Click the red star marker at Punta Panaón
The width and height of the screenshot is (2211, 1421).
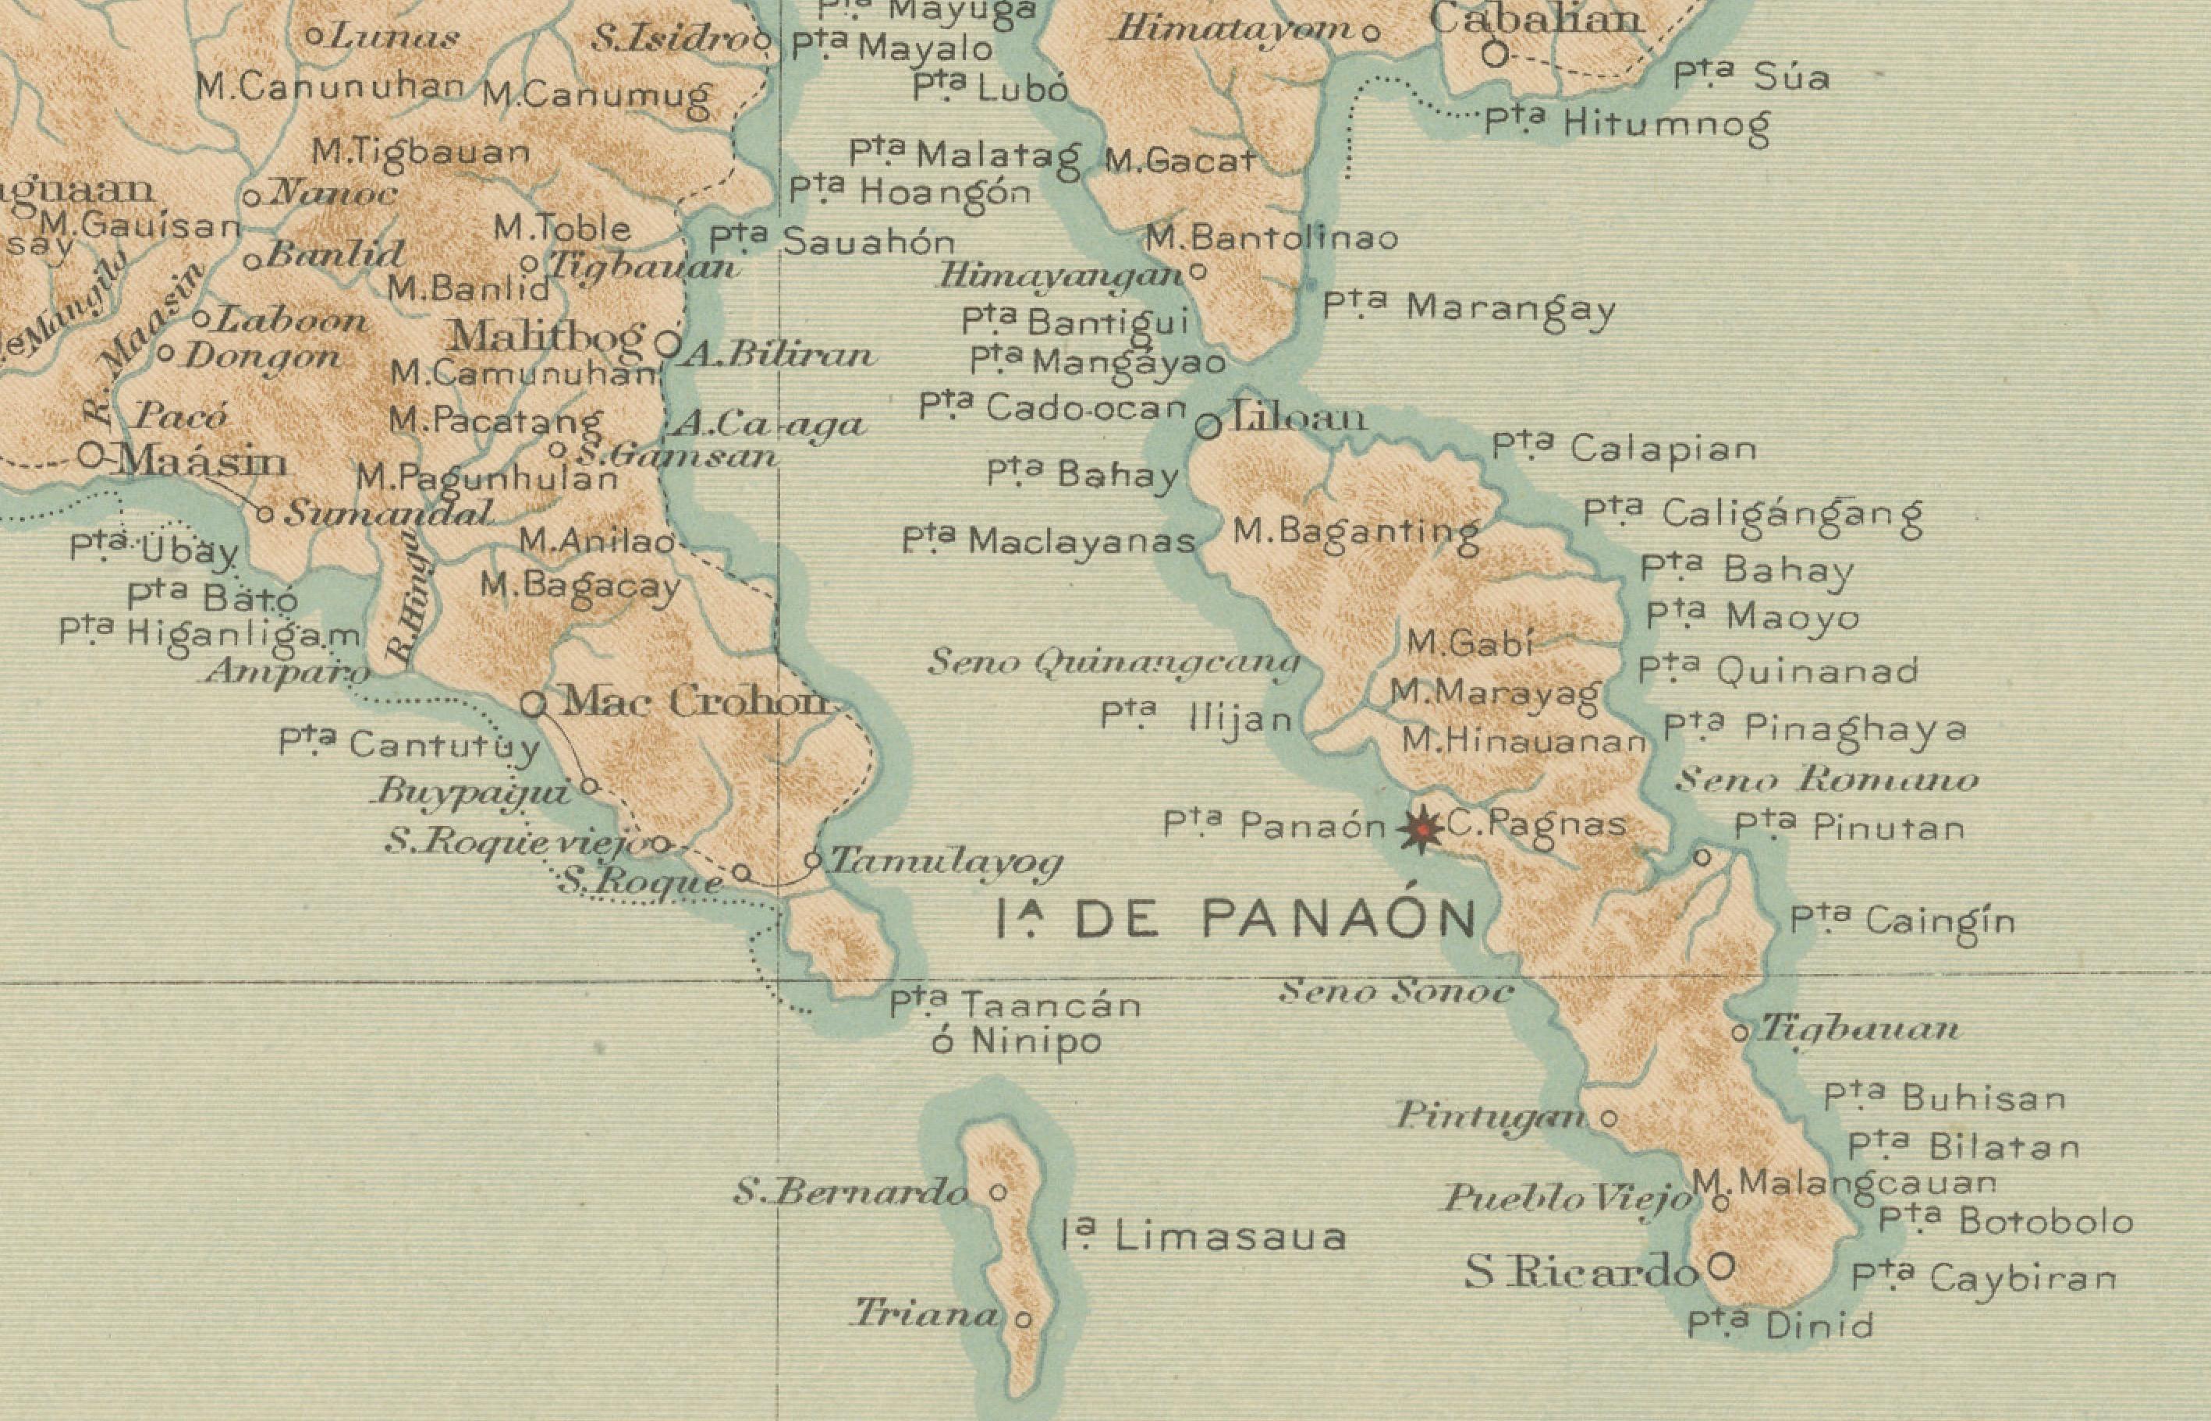[1422, 831]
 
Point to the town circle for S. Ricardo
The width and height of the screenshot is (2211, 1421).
[1720, 1265]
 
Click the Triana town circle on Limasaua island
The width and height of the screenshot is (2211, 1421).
[1023, 1320]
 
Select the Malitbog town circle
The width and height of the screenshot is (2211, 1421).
[667, 345]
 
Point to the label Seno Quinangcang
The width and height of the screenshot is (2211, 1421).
[1114, 661]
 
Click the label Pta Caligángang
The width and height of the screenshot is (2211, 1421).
[1752, 515]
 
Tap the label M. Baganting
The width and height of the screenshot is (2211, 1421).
[1357, 533]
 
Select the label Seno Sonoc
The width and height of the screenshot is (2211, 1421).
[1395, 992]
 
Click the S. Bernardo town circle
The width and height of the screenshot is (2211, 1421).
[998, 1192]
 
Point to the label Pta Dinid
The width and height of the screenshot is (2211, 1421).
[1780, 1325]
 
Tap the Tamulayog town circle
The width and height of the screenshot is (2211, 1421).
[812, 860]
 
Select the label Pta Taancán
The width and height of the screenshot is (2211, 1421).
[1015, 1004]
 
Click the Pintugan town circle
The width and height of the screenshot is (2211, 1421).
[1609, 1119]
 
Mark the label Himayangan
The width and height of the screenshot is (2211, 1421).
[1061, 276]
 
